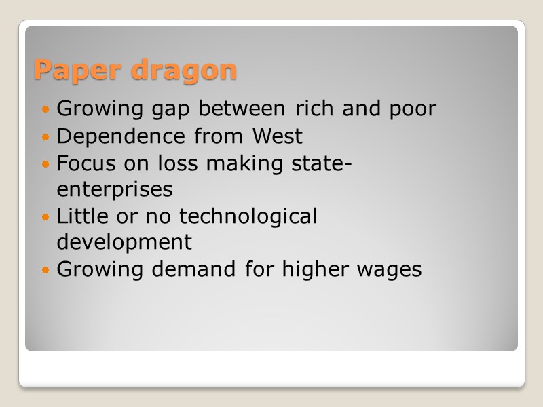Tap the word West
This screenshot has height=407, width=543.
point(277,136)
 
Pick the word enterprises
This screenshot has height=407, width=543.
point(114,189)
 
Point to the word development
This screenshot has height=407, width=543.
point(124,242)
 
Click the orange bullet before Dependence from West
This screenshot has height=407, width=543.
point(46,137)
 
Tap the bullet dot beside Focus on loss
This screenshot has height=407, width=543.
point(46,164)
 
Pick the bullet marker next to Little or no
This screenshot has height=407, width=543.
point(46,217)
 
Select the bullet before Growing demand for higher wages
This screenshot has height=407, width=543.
point(46,270)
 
